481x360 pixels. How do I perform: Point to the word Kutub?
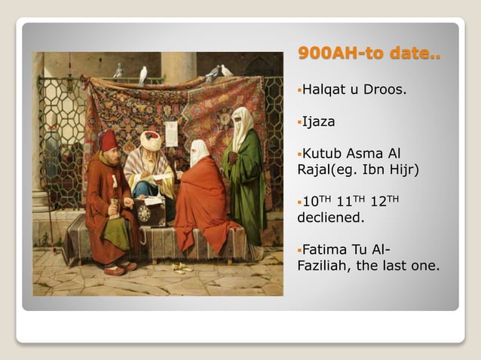[x=322, y=153]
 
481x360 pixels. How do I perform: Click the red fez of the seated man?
[x=109, y=139]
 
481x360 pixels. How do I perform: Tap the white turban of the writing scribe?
[x=151, y=139]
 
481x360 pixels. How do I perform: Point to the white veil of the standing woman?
[x=241, y=125]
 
